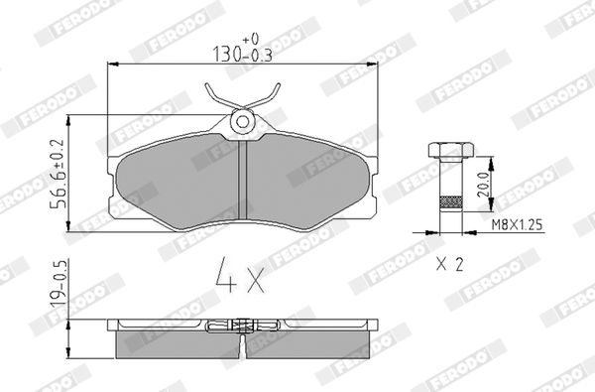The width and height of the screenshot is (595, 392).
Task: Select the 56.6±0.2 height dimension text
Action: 59,174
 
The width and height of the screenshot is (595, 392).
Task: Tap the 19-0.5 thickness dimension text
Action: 59,285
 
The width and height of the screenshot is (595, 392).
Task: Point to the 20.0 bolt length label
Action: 483,185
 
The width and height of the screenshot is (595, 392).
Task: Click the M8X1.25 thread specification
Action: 517,225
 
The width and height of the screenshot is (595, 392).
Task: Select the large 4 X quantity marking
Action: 240,275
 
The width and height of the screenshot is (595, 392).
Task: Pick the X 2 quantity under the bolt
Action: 449,264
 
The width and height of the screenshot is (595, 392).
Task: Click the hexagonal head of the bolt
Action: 450,150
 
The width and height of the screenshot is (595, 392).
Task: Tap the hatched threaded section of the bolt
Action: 450,202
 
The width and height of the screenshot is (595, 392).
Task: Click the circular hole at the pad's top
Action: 242,121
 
